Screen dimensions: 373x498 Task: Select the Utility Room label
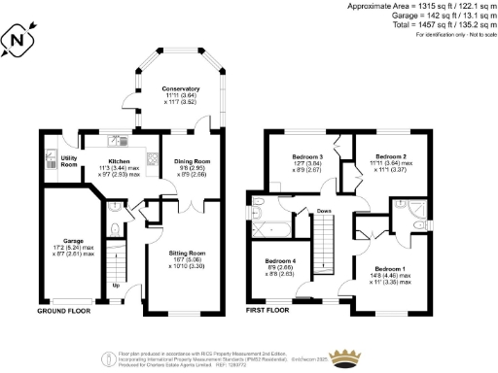pos(68,159)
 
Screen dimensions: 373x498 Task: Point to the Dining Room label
pos(191,161)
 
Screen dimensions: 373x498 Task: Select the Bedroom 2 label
pos(390,155)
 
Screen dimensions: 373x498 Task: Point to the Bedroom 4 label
pos(280,261)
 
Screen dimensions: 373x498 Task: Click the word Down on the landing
pos(323,210)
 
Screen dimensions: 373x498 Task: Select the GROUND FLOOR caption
pos(65,312)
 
